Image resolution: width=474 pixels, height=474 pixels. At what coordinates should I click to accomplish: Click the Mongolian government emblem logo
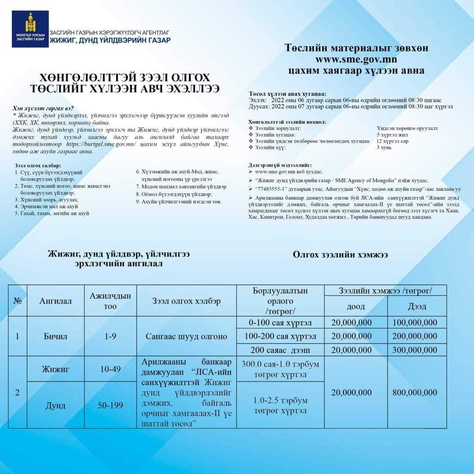click(x=30, y=29)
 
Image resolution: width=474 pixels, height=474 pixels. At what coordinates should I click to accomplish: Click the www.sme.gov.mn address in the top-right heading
click(x=356, y=59)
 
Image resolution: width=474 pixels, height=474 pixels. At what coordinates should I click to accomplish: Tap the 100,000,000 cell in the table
click(x=415, y=323)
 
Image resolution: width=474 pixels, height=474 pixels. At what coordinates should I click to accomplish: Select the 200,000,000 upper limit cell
click(x=415, y=336)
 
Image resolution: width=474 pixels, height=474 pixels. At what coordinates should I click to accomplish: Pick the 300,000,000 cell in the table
click(x=415, y=350)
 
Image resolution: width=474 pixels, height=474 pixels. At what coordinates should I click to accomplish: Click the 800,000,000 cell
click(x=415, y=392)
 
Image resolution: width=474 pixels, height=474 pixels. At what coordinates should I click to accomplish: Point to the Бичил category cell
click(x=55, y=337)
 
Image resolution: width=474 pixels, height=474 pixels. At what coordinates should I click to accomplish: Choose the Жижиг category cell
click(x=55, y=369)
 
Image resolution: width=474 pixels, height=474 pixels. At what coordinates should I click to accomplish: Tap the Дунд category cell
click(x=55, y=406)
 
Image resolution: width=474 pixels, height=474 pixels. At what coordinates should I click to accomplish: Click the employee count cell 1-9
click(x=110, y=337)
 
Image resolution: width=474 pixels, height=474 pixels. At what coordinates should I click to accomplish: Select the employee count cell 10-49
click(x=110, y=369)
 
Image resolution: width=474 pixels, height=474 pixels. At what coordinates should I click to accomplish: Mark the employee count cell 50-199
click(x=110, y=406)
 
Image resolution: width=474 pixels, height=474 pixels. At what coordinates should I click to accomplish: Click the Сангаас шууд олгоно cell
click(x=187, y=337)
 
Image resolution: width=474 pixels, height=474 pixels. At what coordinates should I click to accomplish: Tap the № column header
click(x=18, y=301)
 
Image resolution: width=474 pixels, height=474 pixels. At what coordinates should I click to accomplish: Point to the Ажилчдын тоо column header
click(x=110, y=301)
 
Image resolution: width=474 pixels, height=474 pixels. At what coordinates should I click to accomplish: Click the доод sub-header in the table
click(x=355, y=306)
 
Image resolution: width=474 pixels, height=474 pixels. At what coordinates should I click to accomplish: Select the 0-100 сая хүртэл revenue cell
click(x=280, y=323)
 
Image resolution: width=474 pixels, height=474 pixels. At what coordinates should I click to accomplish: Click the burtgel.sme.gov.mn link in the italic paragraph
click(x=101, y=144)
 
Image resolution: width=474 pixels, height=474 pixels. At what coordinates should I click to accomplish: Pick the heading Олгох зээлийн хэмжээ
click(x=340, y=254)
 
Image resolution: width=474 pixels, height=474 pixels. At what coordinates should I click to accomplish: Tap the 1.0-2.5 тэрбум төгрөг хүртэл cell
click(x=280, y=406)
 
